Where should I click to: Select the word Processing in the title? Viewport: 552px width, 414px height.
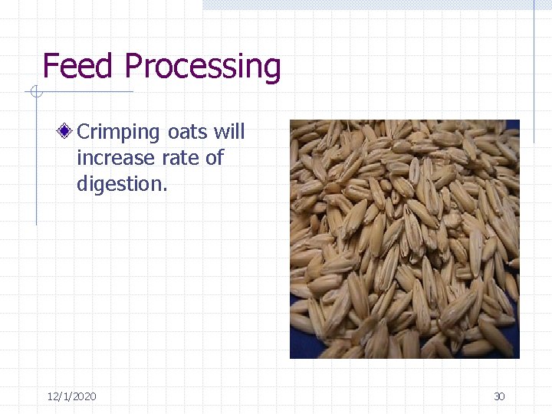click(x=202, y=68)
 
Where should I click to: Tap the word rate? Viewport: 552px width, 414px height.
click(x=176, y=158)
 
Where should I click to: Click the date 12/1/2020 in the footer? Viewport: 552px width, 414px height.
click(x=71, y=396)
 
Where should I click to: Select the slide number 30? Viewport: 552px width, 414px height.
click(x=499, y=396)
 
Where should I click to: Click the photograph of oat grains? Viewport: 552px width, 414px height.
click(x=404, y=238)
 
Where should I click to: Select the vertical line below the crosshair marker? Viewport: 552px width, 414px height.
click(x=36, y=161)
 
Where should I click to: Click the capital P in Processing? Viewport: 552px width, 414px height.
click(x=134, y=67)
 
